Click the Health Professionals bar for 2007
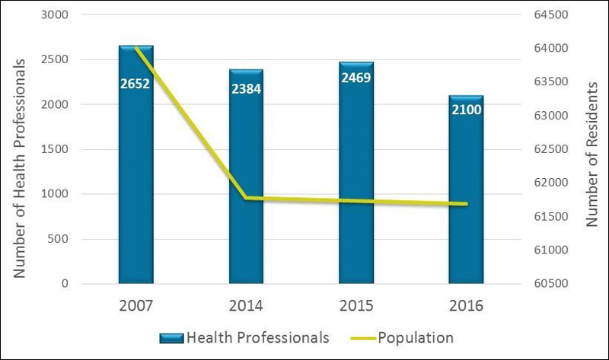click(136, 190)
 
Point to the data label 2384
click(246, 90)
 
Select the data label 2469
click(356, 77)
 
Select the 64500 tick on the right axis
click(550, 15)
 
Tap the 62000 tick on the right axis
click(550, 183)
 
